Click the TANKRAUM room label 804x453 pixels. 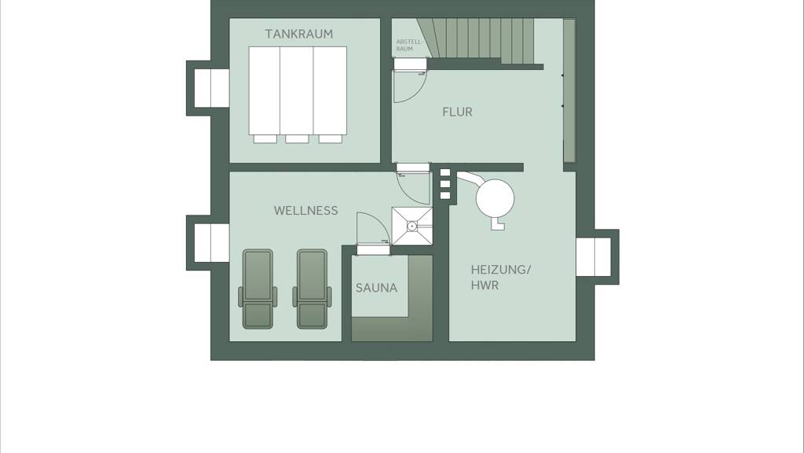tap(298, 34)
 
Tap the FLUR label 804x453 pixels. tap(458, 112)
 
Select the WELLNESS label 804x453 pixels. tap(305, 211)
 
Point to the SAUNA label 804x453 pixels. tap(376, 288)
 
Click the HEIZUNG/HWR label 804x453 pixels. tap(501, 278)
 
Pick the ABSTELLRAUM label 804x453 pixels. tap(409, 45)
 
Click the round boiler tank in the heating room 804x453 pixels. tap(495, 197)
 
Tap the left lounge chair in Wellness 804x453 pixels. tap(258, 289)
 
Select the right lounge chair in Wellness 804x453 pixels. tap(312, 289)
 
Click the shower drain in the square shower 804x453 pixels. tap(411, 226)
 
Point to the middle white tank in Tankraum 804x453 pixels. tap(297, 90)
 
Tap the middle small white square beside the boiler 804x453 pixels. tap(445, 184)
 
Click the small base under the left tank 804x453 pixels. tap(265, 138)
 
